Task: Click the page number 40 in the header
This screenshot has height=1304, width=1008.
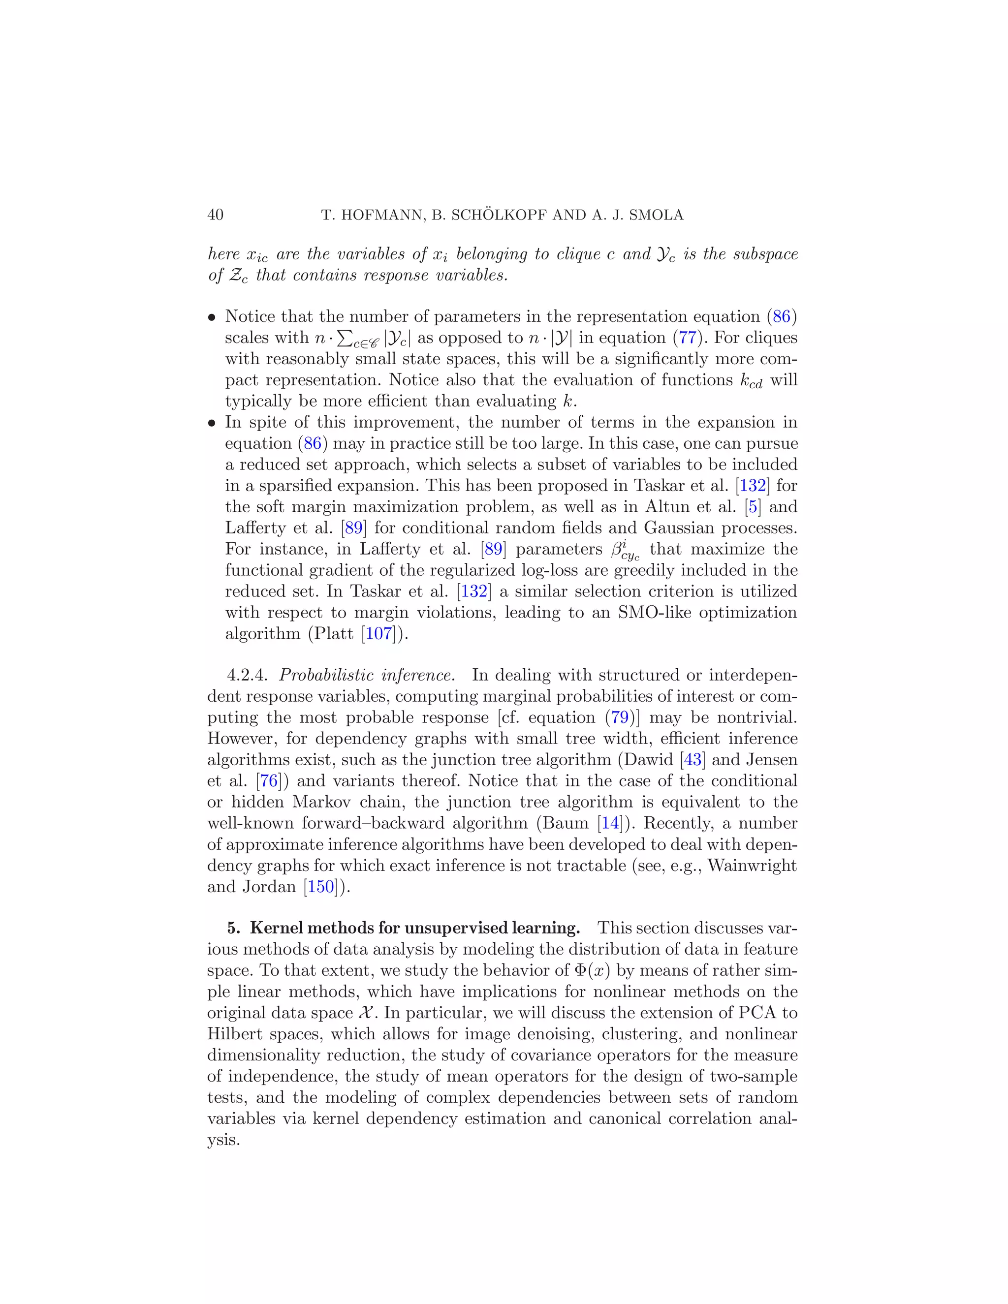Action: (215, 215)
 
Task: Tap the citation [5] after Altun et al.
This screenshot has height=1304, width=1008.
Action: (753, 507)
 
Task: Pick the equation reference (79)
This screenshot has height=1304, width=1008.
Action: (619, 717)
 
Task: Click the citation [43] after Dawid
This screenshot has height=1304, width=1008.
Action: (693, 760)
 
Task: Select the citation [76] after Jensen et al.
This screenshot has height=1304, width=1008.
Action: (269, 781)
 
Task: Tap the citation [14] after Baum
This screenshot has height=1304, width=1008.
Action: (610, 823)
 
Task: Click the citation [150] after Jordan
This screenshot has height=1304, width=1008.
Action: (321, 887)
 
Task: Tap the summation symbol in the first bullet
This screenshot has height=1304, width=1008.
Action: (345, 338)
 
